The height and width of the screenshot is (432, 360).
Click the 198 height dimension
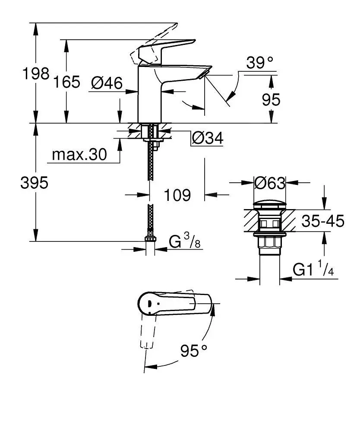pos(35,74)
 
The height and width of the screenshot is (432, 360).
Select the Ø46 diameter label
pos(107,83)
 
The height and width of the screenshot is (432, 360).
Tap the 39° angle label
pos(260,63)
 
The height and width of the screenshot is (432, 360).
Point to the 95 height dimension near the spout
pos(271,100)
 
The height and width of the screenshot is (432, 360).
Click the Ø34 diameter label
pos(207,138)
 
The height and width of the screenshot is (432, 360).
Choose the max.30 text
pos(79,155)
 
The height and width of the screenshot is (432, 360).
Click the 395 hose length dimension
pos(34,183)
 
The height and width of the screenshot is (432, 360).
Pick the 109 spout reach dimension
pos(177,195)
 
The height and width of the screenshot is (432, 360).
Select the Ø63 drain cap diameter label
pos(270,183)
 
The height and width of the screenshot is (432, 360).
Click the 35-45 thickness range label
pos(322,222)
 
